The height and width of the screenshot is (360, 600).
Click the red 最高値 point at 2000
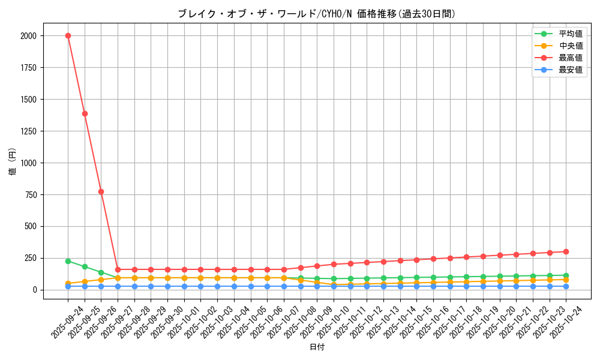click(x=68, y=35)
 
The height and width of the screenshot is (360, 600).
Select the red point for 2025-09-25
click(x=85, y=113)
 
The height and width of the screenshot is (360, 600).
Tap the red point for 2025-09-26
click(x=101, y=191)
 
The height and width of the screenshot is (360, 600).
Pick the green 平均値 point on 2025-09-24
click(x=68, y=261)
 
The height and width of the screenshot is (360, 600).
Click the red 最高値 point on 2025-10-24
click(x=566, y=251)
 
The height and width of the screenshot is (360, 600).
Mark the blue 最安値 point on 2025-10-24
click(x=566, y=286)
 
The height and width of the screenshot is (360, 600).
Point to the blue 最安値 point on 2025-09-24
click(x=68, y=286)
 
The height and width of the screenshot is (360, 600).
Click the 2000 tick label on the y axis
click(x=28, y=36)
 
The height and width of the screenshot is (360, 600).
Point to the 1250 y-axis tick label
click(x=28, y=131)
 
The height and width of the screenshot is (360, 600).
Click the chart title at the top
click(x=316, y=14)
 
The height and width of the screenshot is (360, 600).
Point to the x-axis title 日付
click(x=316, y=347)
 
